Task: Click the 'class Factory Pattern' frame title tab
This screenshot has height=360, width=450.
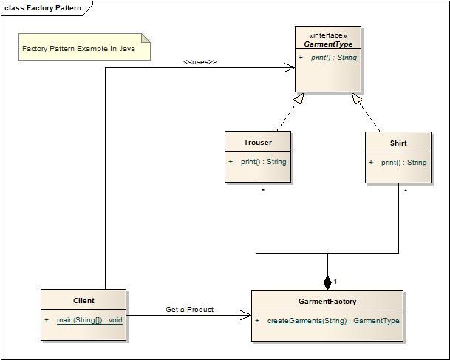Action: [x=43, y=8]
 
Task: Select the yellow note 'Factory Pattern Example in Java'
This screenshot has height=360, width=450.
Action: [x=83, y=49]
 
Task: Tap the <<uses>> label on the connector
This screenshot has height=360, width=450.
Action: [x=200, y=61]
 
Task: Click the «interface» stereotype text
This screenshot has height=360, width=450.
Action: [x=328, y=35]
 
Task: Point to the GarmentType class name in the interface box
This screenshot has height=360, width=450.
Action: [x=328, y=44]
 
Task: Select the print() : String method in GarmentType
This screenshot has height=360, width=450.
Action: [x=333, y=58]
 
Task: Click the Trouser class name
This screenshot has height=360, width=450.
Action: [x=258, y=142]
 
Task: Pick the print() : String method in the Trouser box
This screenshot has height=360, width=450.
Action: [x=263, y=161]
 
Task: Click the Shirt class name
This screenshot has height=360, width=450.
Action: [x=398, y=142]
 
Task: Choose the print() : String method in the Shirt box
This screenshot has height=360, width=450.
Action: [x=403, y=162]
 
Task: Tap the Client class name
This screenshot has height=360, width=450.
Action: [x=83, y=300]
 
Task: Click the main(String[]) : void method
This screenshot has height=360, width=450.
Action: [x=89, y=320]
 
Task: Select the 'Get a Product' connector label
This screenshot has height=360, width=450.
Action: [x=189, y=309]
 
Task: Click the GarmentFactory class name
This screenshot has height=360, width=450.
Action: [x=327, y=302]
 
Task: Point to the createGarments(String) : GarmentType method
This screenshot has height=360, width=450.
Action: [x=333, y=321]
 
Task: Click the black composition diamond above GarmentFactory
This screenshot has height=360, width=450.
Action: [x=327, y=282]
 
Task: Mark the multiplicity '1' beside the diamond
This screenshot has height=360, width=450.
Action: [x=335, y=282]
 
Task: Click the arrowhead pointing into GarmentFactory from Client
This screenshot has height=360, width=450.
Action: [x=247, y=316]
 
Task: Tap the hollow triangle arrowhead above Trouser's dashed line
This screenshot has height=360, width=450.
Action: [x=299, y=98]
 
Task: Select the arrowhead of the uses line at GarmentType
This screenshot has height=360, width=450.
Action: [x=291, y=68]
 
